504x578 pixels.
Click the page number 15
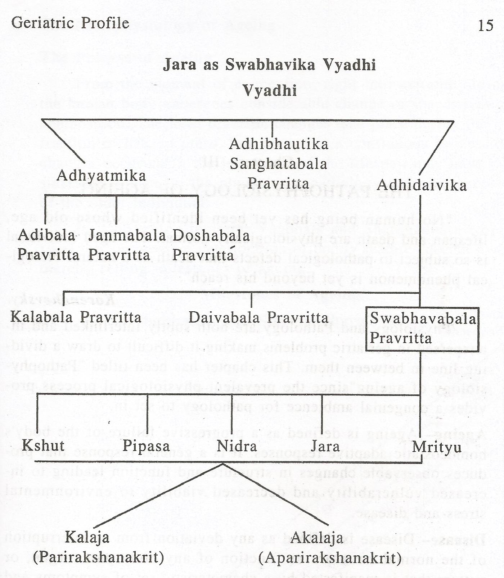486,25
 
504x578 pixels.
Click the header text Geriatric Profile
70,23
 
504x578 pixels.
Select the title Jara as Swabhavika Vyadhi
270,65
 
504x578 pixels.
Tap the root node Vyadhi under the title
270,90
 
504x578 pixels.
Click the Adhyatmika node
102,176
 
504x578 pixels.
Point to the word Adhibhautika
279,144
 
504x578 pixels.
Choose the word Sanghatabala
279,164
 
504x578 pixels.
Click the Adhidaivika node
422,185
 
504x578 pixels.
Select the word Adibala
46,235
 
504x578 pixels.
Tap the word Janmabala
127,235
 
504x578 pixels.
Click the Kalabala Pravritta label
76,317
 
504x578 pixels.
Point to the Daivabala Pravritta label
259,317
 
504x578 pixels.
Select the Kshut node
43,446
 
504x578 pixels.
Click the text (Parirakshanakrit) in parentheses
99,557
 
